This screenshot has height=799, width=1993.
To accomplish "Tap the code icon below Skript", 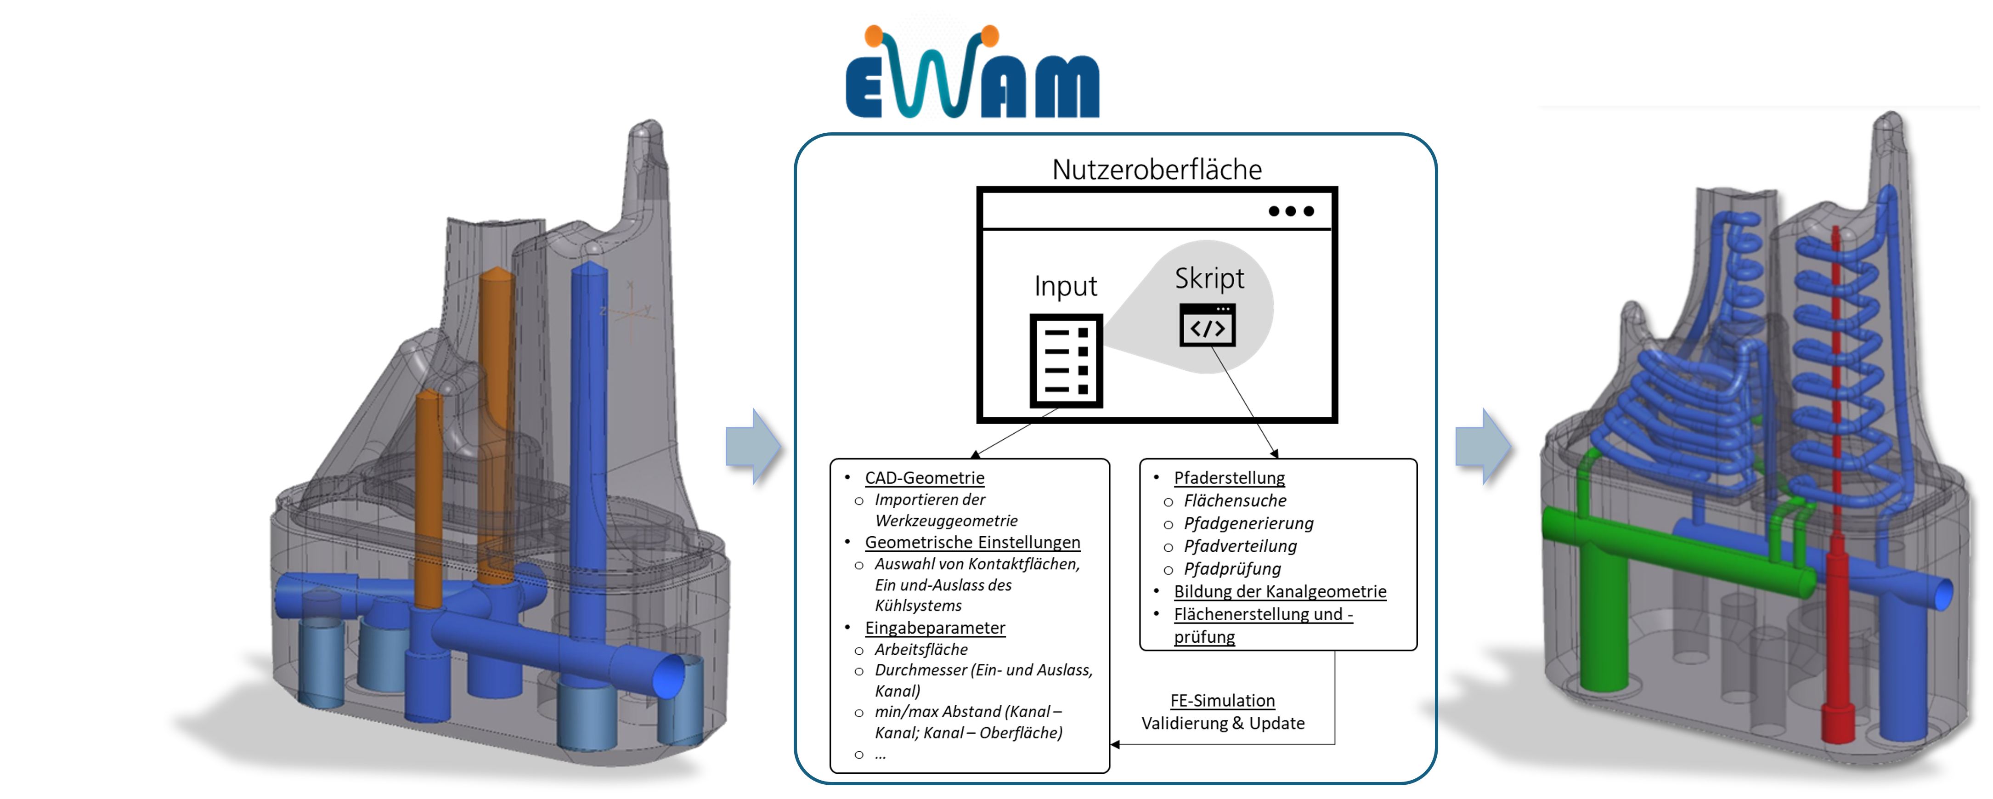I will [x=1207, y=326].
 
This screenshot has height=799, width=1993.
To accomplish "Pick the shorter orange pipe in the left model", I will [x=428, y=495].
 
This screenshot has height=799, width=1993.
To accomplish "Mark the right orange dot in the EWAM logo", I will [x=990, y=35].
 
